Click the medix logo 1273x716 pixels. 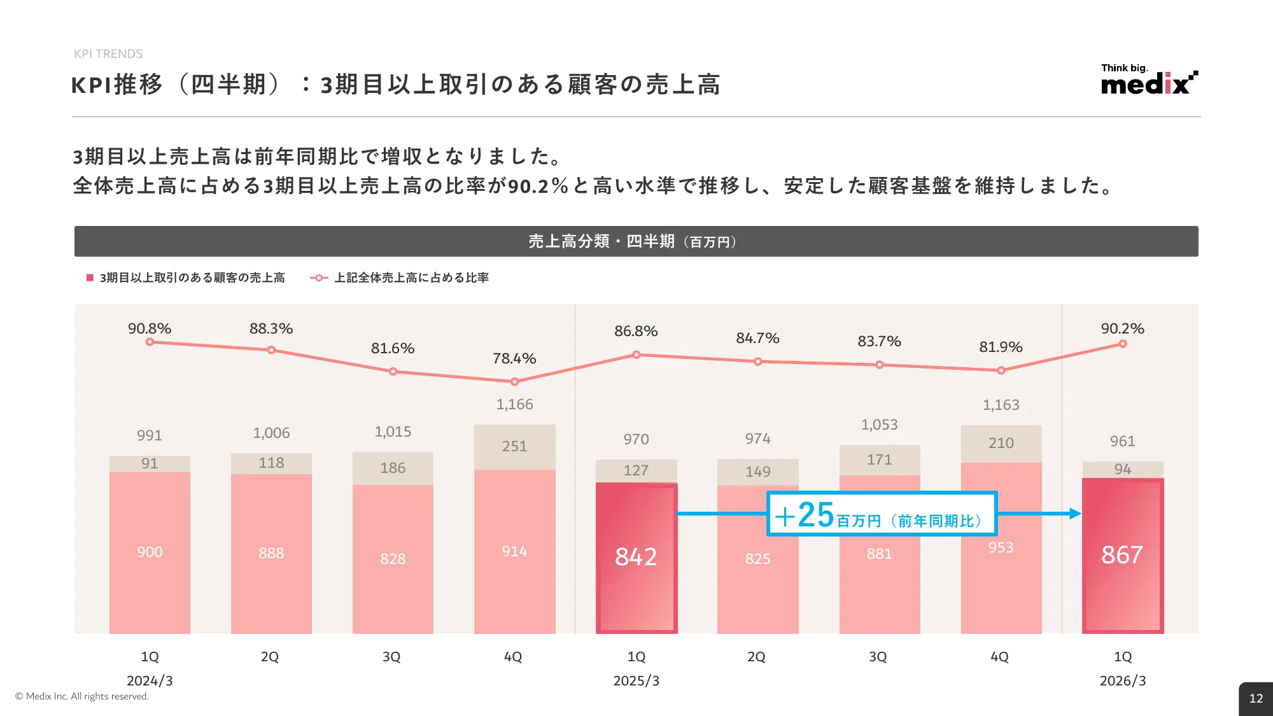click(x=1149, y=81)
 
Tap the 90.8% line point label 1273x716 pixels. click(x=150, y=328)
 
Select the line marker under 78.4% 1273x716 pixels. click(x=514, y=382)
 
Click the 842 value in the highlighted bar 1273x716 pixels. click(x=636, y=557)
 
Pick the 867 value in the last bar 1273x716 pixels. click(x=1122, y=555)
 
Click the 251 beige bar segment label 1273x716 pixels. click(x=514, y=446)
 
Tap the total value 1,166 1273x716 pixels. click(x=514, y=404)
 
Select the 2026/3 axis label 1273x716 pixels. click(x=1122, y=680)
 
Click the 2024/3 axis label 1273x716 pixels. click(x=150, y=680)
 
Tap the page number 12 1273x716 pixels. click(x=1256, y=698)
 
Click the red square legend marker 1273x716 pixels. click(x=90, y=277)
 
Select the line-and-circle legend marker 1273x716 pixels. click(x=319, y=277)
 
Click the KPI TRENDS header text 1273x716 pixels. click(x=108, y=54)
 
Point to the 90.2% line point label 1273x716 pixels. click(x=1122, y=328)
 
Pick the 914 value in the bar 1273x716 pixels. click(x=514, y=551)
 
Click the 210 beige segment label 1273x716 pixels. click(x=1001, y=443)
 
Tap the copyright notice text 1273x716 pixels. click(x=81, y=696)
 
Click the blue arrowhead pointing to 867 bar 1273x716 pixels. click(x=1076, y=514)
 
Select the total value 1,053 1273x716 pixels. click(x=879, y=425)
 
